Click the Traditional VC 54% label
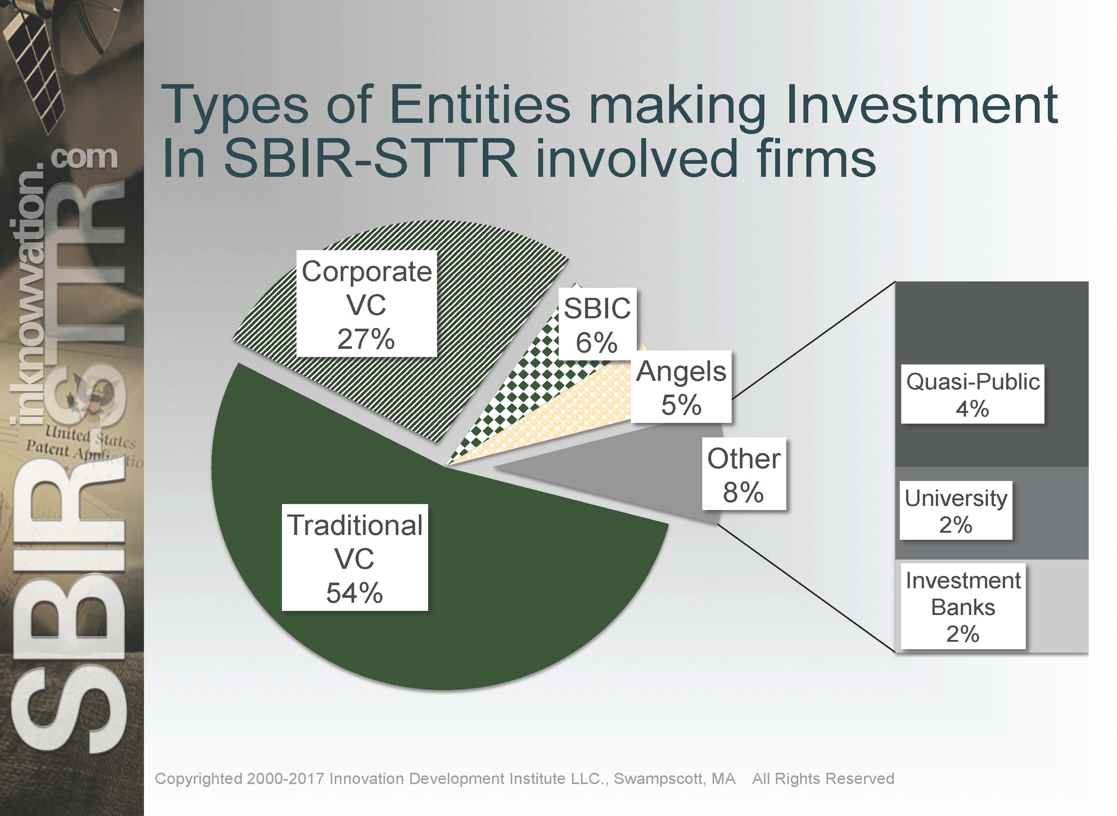click(354, 557)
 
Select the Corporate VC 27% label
click(366, 304)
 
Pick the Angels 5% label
click(681, 387)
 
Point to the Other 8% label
click(744, 474)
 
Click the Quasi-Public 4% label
click(972, 394)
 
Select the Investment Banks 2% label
click(963, 606)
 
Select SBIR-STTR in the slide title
click(371, 159)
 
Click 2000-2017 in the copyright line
click(285, 778)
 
